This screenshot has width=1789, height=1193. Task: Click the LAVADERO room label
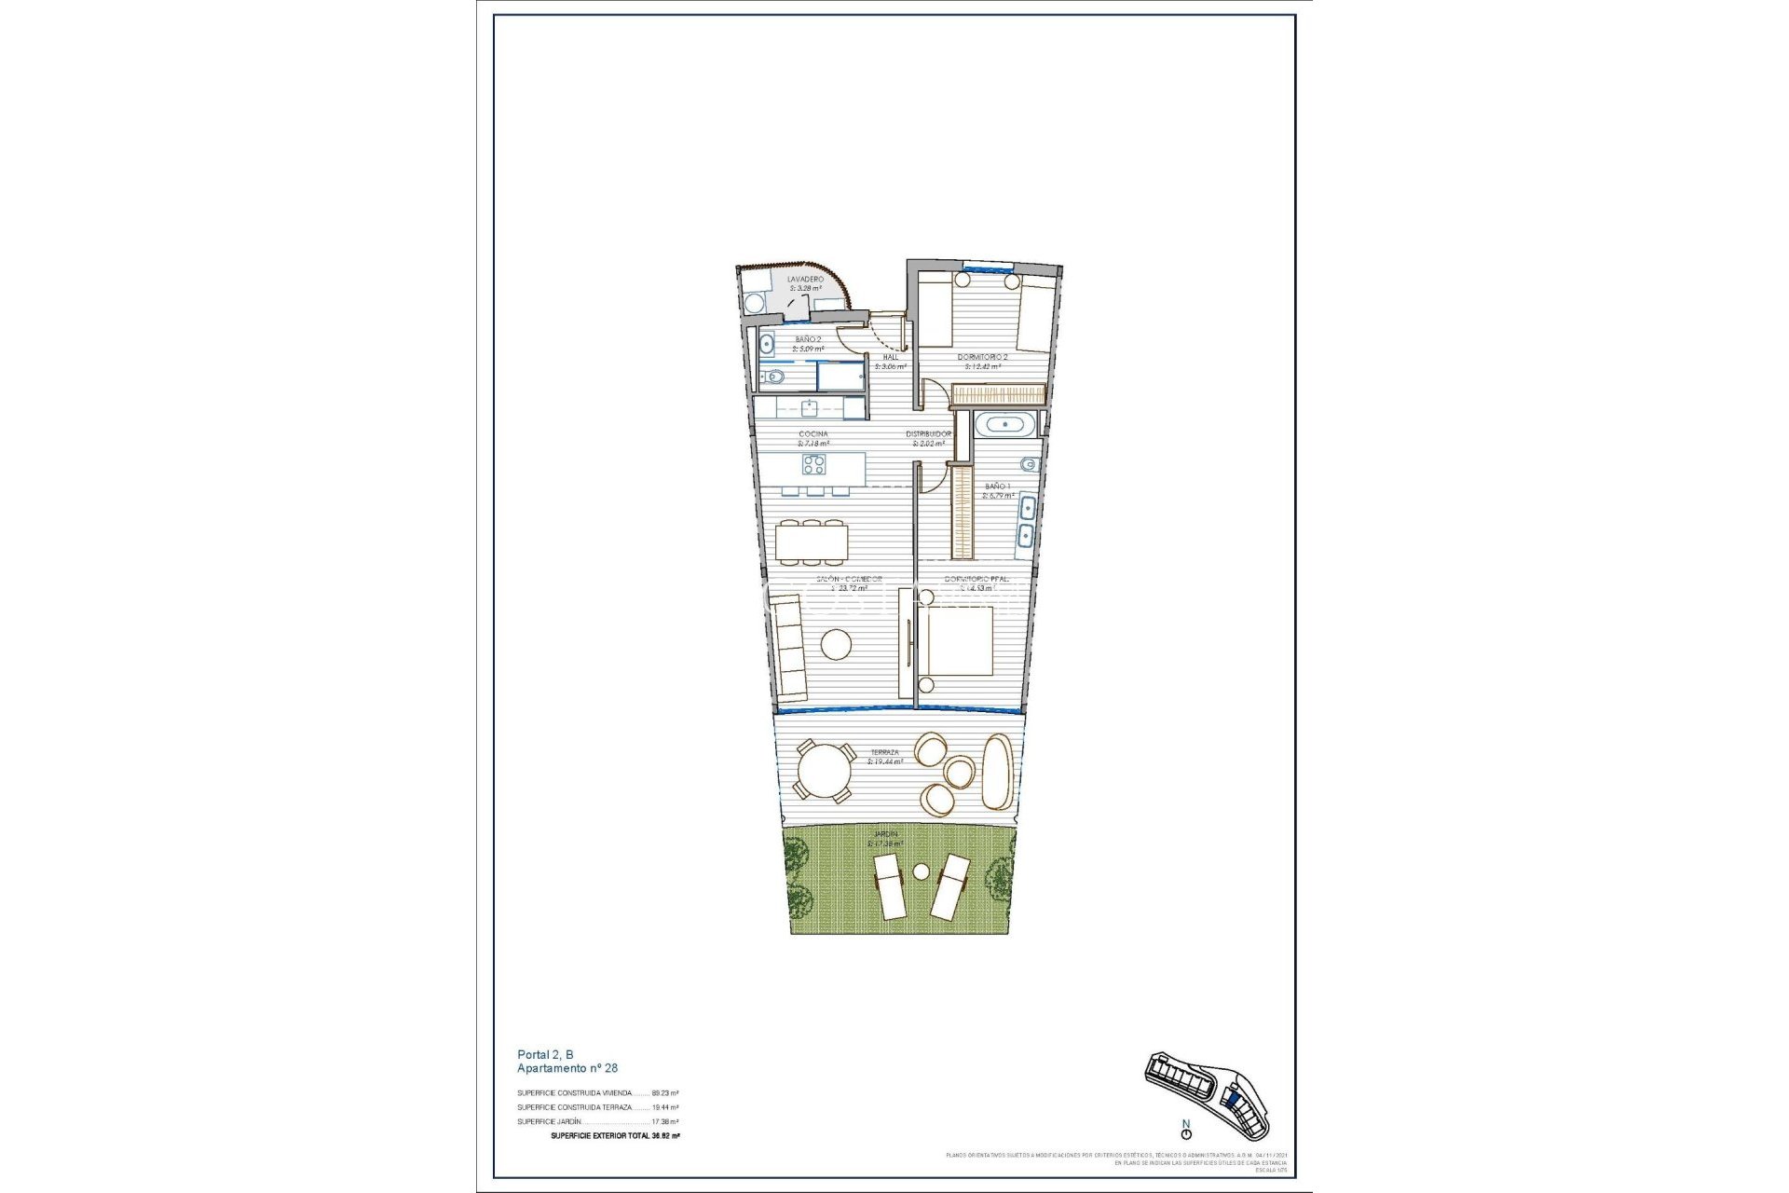(x=805, y=279)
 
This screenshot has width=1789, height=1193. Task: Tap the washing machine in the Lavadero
(x=753, y=302)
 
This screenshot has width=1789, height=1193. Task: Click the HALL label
(x=890, y=356)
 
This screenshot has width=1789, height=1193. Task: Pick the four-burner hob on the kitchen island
(x=814, y=464)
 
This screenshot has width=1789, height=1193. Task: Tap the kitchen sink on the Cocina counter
(x=811, y=407)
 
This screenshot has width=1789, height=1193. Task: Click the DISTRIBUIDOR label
(x=929, y=434)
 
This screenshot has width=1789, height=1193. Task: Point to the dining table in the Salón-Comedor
(x=813, y=542)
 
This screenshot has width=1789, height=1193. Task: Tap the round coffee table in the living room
(x=836, y=644)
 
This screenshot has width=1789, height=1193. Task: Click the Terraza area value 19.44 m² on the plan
(x=885, y=761)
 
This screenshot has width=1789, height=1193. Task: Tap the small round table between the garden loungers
(x=922, y=872)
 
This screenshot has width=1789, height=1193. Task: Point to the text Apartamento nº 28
(x=567, y=1068)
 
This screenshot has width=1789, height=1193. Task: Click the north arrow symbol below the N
(x=1186, y=1134)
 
